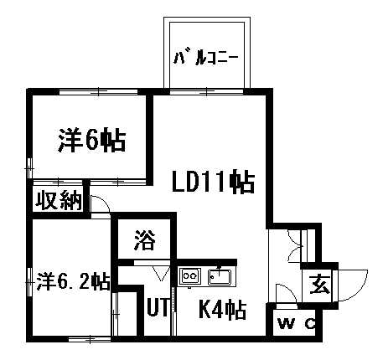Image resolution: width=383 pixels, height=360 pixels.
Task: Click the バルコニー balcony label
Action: pyautogui.click(x=206, y=58)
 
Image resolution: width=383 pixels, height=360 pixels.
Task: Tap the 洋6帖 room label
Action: pyautogui.click(x=92, y=140)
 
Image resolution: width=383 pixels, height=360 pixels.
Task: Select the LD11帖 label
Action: pyautogui.click(x=213, y=182)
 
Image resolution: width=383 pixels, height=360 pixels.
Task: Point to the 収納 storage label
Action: pyautogui.click(x=59, y=200)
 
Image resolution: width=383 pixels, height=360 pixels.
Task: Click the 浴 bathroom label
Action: pyautogui.click(x=145, y=239)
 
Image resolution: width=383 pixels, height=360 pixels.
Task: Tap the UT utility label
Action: pyautogui.click(x=158, y=307)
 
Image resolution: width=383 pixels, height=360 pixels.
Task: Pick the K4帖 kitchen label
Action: pyautogui.click(x=222, y=309)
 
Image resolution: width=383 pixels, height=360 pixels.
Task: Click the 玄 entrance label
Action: pyautogui.click(x=320, y=285)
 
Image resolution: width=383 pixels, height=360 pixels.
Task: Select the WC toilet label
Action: pyautogui.click(x=297, y=324)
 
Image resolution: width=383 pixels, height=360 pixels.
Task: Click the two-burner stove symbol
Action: pyautogui.click(x=190, y=276)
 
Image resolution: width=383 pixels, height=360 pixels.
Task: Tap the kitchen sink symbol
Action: pyautogui.click(x=220, y=277)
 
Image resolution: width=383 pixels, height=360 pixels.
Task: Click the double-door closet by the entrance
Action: pyautogui.click(x=295, y=245)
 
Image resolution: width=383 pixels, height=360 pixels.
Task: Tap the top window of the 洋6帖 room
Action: pyautogui.click(x=99, y=92)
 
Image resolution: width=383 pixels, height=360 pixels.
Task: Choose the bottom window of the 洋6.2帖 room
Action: pyautogui.click(x=90, y=339)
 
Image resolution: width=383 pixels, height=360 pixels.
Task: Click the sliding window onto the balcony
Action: pyautogui.click(x=207, y=91)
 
